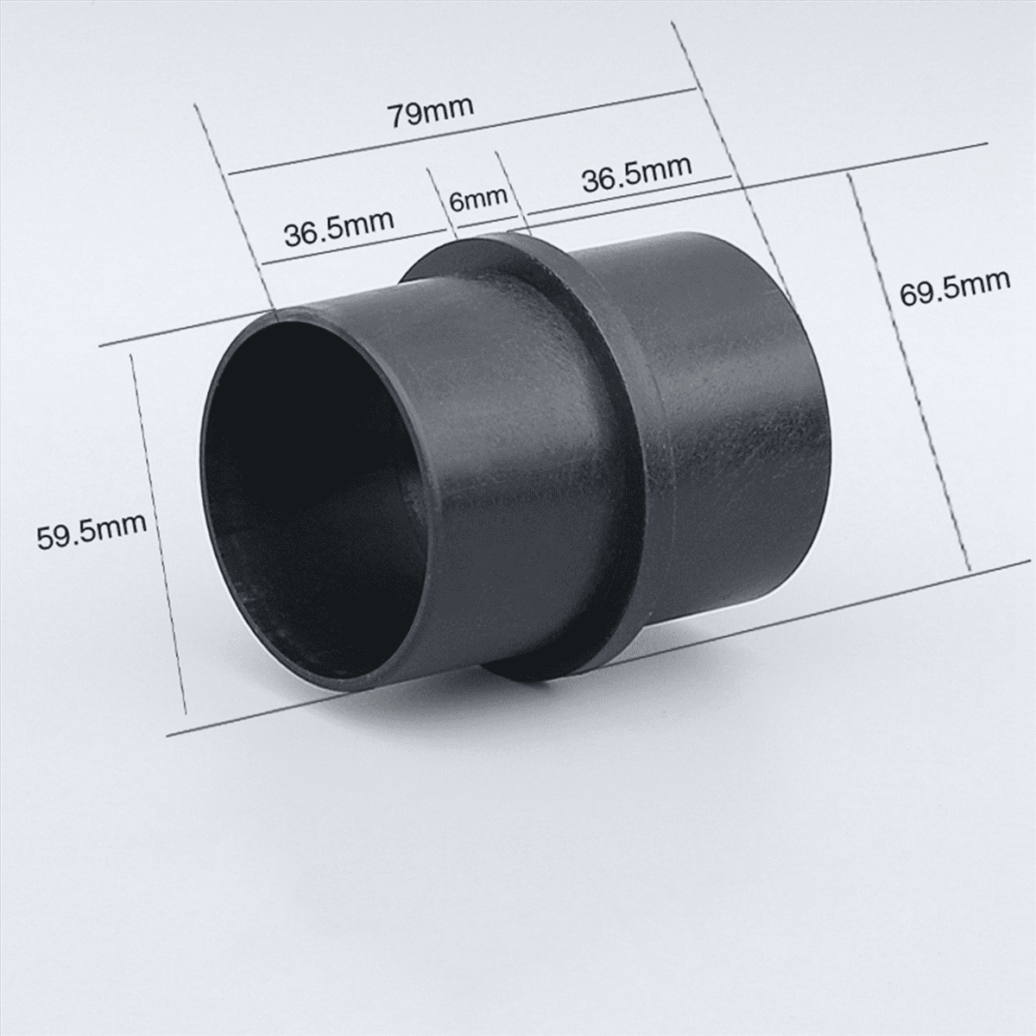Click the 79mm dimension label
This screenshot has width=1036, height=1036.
click(432, 112)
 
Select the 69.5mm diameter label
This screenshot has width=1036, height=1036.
click(954, 287)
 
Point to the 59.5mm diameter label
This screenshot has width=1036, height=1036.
click(92, 531)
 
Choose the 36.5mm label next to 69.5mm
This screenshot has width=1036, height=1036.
click(636, 174)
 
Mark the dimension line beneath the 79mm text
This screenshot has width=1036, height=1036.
click(463, 132)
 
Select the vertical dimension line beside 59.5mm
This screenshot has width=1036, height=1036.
click(159, 534)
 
